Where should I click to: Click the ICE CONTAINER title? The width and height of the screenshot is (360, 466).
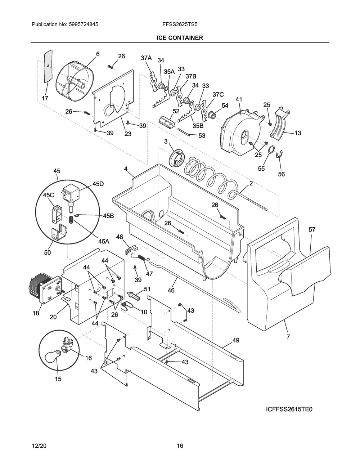point(180,38)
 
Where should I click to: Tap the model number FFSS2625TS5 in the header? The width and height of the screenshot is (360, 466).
point(180,25)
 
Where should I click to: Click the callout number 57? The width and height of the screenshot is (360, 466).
point(311,229)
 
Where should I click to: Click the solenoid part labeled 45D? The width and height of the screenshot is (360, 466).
point(71,194)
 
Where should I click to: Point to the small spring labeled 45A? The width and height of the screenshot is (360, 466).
point(71,219)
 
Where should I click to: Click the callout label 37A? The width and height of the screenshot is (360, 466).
point(146,58)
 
